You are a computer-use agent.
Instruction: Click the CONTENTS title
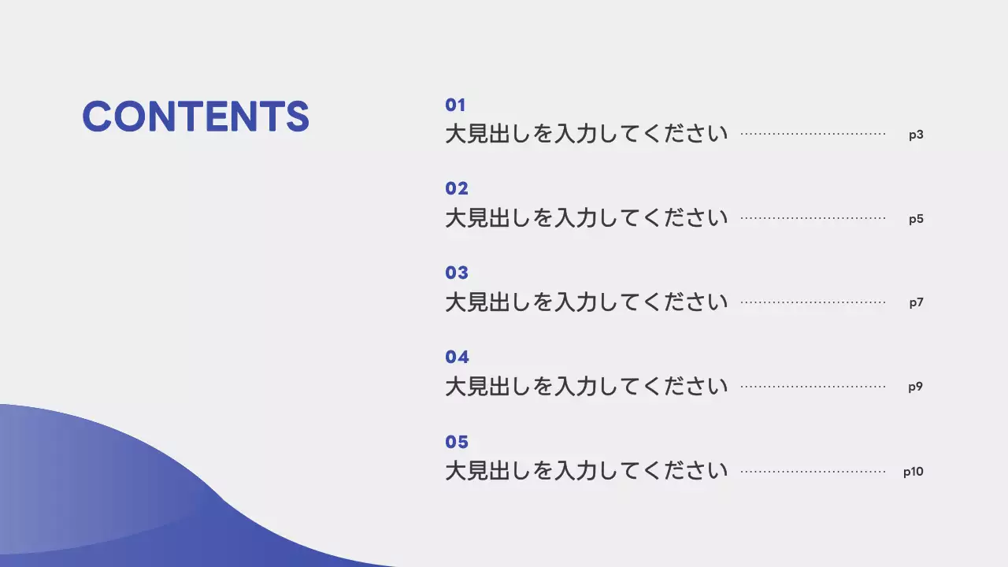tap(195, 117)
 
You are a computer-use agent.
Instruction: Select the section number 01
tap(456, 105)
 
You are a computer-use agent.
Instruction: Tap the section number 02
tap(457, 188)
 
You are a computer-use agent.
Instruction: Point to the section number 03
tap(457, 272)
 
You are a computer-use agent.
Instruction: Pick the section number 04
tap(457, 357)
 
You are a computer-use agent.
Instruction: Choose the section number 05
tap(457, 442)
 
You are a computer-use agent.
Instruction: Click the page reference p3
tap(916, 135)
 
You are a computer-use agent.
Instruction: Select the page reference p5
tap(916, 219)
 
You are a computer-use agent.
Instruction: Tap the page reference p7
tap(916, 302)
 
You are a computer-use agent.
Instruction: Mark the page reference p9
tap(915, 387)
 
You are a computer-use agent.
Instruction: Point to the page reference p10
tap(913, 472)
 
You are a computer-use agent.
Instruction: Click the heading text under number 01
tap(587, 134)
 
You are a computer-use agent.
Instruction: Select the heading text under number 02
tap(587, 218)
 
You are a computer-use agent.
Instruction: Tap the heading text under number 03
tap(587, 302)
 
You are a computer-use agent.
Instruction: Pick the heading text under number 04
tap(587, 386)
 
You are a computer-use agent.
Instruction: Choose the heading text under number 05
tap(587, 471)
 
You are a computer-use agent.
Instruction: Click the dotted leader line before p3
tap(813, 135)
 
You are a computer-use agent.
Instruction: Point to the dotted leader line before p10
tap(813, 472)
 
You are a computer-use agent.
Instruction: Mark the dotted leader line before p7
tap(813, 302)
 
